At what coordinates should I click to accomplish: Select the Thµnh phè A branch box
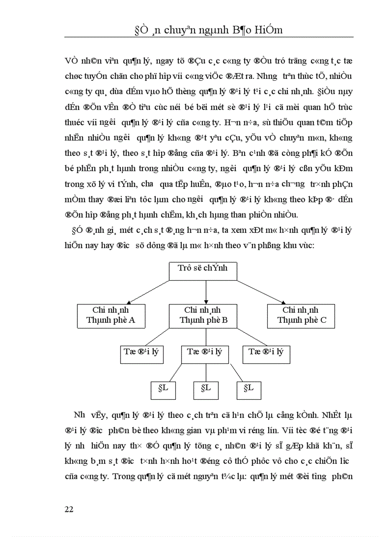tap(110, 316)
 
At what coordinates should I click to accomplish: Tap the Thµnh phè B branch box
tap(206, 316)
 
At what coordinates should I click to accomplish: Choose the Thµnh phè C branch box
tap(300, 316)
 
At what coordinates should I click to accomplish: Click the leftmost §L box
tap(159, 390)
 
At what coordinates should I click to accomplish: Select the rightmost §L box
tap(249, 390)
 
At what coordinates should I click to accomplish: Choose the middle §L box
tap(206, 390)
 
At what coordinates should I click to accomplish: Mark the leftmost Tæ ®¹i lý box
tap(141, 354)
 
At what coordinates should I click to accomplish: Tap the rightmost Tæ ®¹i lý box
tap(266, 354)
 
